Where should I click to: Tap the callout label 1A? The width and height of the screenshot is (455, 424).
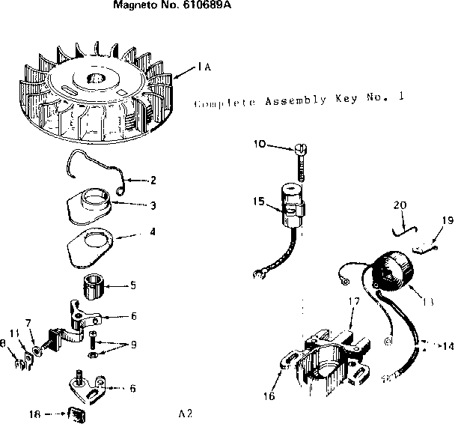click(204, 67)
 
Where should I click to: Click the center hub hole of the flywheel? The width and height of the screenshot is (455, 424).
click(98, 79)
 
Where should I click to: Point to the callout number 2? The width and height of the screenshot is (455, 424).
click(153, 180)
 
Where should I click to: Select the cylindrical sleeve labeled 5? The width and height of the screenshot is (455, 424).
click(95, 287)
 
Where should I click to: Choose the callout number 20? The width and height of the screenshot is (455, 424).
click(400, 205)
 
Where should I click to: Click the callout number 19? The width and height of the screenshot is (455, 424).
click(448, 220)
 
